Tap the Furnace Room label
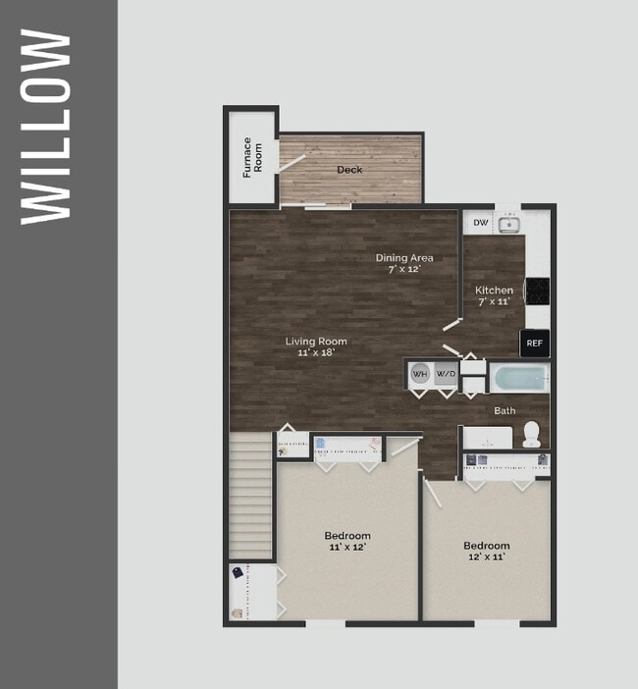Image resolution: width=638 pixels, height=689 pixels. pyautogui.click(x=252, y=158)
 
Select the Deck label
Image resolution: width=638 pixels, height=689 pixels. pyautogui.click(x=349, y=170)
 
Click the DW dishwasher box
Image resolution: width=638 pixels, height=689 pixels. pyautogui.click(x=480, y=223)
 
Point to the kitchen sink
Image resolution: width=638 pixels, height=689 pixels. pyautogui.click(x=507, y=225)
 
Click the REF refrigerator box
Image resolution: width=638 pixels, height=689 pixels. pyautogui.click(x=535, y=344)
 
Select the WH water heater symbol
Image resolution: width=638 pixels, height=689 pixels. pyautogui.click(x=419, y=374)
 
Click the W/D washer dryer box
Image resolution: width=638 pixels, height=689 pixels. pyautogui.click(x=446, y=374)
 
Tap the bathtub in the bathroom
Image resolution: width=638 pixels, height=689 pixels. pyautogui.click(x=518, y=378)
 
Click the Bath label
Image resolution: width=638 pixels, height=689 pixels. pyautogui.click(x=505, y=411)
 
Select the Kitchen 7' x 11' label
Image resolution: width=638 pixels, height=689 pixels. pyautogui.click(x=494, y=295)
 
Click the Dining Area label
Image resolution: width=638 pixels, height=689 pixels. pyautogui.click(x=404, y=263)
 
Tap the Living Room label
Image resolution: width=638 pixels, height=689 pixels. pyautogui.click(x=316, y=346)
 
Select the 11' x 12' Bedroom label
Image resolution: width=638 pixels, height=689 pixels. pyautogui.click(x=347, y=541)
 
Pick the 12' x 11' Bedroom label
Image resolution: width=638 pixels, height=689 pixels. pyautogui.click(x=487, y=551)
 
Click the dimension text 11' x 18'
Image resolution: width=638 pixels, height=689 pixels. pyautogui.click(x=316, y=353)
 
